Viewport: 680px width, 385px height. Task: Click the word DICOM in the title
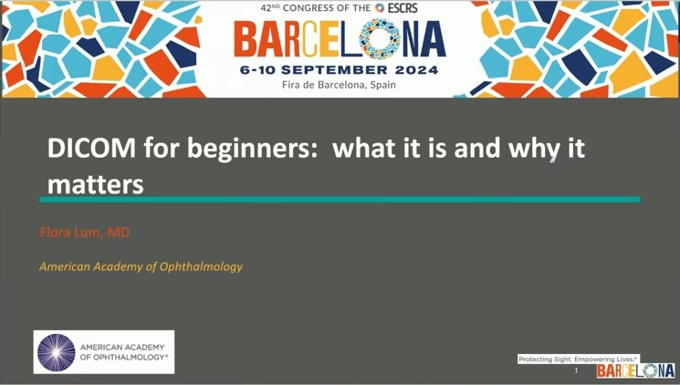91,148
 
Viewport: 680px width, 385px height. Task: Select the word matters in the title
96,184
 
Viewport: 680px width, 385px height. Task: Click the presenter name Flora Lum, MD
85,233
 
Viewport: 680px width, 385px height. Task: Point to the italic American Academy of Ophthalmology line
141,266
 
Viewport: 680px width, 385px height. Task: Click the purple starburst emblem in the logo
57,352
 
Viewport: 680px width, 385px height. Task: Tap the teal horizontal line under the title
340,200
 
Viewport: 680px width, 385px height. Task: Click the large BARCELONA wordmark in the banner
340,40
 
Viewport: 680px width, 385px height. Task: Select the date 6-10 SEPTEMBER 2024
340,70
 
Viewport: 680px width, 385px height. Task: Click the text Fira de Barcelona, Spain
339,85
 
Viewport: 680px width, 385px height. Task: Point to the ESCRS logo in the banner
396,8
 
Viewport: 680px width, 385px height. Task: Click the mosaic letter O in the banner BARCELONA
380,39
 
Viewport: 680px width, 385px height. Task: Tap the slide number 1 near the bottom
576,370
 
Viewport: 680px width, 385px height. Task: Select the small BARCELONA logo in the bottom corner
636,370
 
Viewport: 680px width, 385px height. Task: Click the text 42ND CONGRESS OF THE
316,8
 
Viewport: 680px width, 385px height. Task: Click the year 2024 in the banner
417,70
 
